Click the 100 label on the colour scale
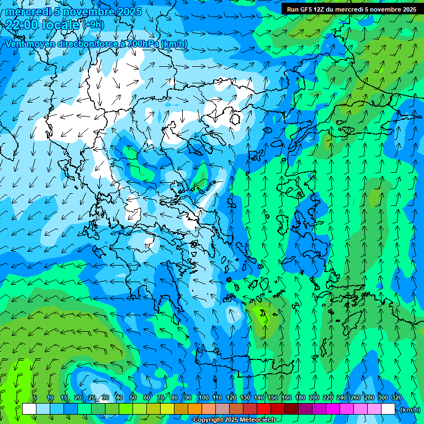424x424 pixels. click(204, 398)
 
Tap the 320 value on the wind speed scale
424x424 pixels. click(396, 398)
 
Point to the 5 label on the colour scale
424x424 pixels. click(35, 398)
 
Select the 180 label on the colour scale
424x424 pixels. click(300, 398)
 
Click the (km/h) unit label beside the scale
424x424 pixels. click(410, 410)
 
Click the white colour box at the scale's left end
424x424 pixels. click(29, 409)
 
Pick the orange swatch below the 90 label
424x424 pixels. click(195, 409)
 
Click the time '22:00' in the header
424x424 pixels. click(22, 24)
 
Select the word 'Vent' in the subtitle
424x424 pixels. click(15, 44)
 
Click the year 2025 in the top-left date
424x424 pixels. click(129, 12)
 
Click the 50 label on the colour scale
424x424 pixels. click(133, 398)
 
